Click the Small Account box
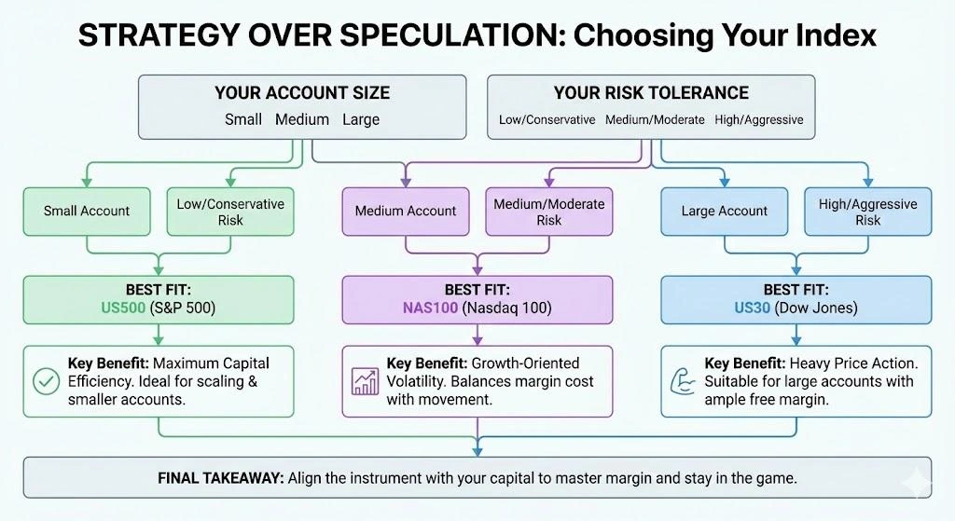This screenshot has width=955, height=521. (87, 212)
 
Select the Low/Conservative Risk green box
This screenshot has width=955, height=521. (230, 212)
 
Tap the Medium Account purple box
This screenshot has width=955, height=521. (406, 212)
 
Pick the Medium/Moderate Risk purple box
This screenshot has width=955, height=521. (549, 212)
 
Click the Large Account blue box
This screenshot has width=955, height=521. (725, 212)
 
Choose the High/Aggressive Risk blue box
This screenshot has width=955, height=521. (868, 212)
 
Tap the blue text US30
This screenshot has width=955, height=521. (752, 308)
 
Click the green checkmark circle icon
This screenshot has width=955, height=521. (46, 380)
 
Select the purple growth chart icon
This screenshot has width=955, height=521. (365, 380)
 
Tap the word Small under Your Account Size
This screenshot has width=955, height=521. (243, 119)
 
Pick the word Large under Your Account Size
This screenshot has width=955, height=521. (361, 119)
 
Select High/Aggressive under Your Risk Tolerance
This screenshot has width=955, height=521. (758, 119)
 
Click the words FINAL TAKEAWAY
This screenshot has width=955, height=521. (220, 477)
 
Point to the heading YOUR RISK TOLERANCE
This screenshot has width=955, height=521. (651, 92)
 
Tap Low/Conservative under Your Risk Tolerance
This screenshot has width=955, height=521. (547, 119)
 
